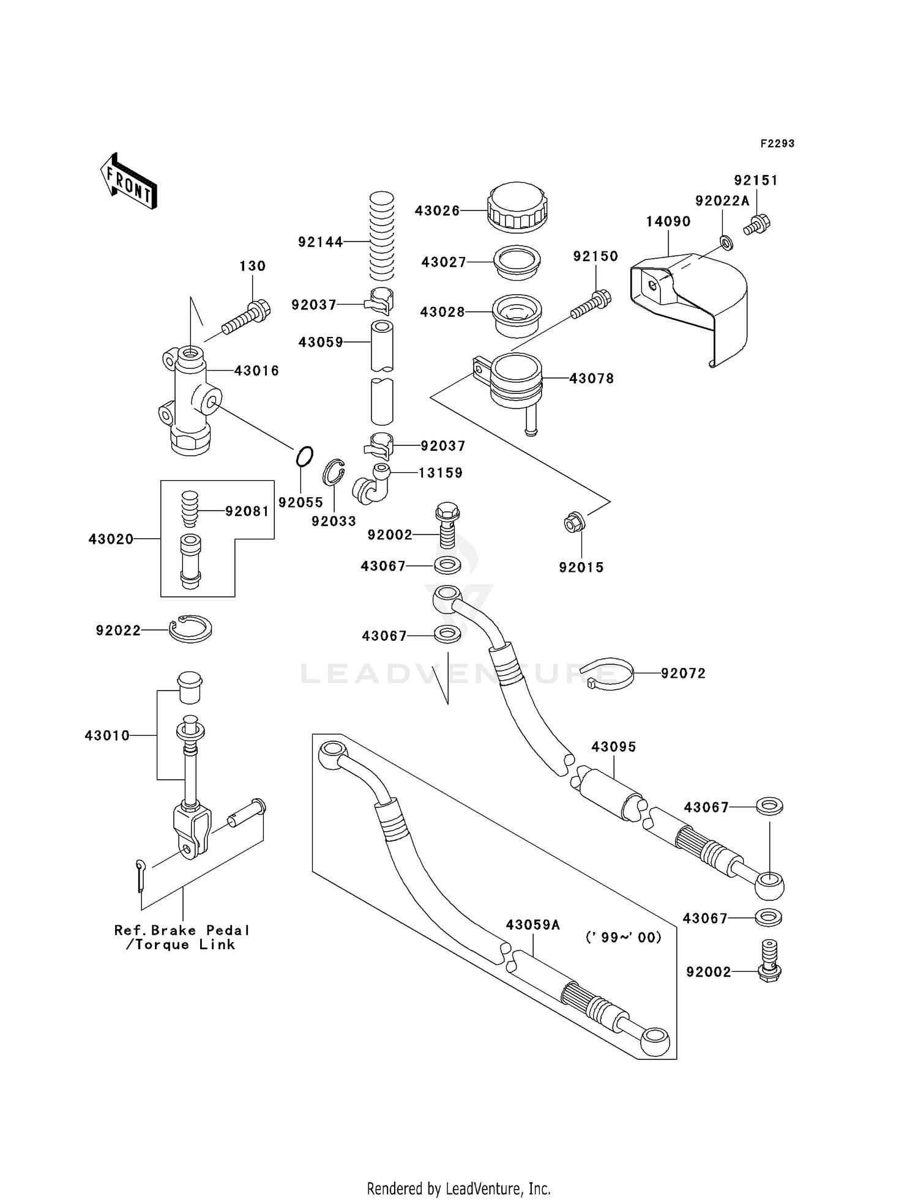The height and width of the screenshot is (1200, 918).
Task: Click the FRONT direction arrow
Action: [129, 182]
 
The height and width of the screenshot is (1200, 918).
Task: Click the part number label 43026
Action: [437, 210]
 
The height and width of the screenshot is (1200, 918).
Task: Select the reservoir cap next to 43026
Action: [517, 207]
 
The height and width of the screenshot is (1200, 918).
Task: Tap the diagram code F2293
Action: [777, 144]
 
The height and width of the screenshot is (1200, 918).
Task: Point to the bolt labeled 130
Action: [246, 317]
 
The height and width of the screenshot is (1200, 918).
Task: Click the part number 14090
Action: [668, 221]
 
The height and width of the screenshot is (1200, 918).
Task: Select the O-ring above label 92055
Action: [304, 457]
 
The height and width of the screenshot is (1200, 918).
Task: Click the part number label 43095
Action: [614, 747]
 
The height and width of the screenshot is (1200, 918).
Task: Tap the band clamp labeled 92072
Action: [606, 673]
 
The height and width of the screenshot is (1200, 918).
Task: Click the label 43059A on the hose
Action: [533, 925]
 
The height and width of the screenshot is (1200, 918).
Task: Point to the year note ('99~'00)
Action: [624, 937]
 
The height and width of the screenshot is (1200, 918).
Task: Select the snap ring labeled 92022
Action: [190, 629]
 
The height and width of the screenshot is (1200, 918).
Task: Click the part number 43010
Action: [107, 736]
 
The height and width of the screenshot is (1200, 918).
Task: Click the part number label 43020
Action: [111, 539]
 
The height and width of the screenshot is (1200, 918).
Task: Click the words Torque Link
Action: [185, 945]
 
